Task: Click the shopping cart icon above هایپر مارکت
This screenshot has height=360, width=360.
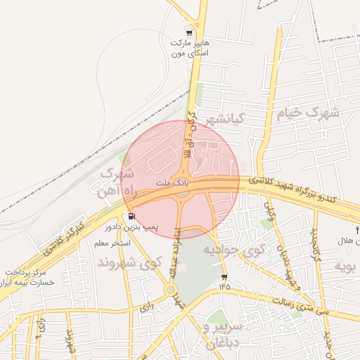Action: point(188,32)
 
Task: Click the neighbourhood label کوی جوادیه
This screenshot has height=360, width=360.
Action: point(235,250)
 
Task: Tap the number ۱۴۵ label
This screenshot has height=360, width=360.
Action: point(224,286)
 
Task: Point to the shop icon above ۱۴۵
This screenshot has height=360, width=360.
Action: point(224,276)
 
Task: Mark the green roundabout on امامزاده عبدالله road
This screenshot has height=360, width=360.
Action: point(171,289)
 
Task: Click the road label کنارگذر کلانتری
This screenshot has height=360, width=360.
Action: point(64,238)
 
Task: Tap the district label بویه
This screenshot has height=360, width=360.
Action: point(347,266)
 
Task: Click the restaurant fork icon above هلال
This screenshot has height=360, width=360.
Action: point(357,230)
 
